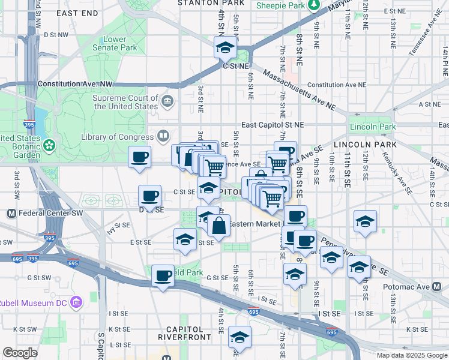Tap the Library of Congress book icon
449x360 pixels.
coord(162,135)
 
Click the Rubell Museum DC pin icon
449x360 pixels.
coord(75,301)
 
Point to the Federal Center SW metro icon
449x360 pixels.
coord(11,214)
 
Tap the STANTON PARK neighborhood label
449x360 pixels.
coord(204,3)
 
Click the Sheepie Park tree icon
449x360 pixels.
coord(314,5)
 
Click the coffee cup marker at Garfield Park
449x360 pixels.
coord(163,276)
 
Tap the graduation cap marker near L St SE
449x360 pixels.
coord(240,338)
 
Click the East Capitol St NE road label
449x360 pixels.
coord(273,124)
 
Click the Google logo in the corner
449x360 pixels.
coord(20,353)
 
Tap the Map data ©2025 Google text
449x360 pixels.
coord(411,355)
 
